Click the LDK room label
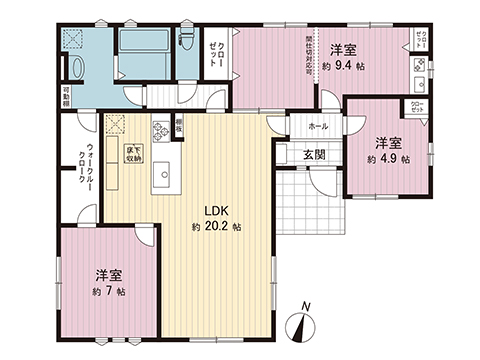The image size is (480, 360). [x=219, y=211]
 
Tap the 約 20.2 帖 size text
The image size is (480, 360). [x=217, y=227]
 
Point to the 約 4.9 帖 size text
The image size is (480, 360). [x=387, y=158]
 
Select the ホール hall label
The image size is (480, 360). [x=318, y=127]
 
